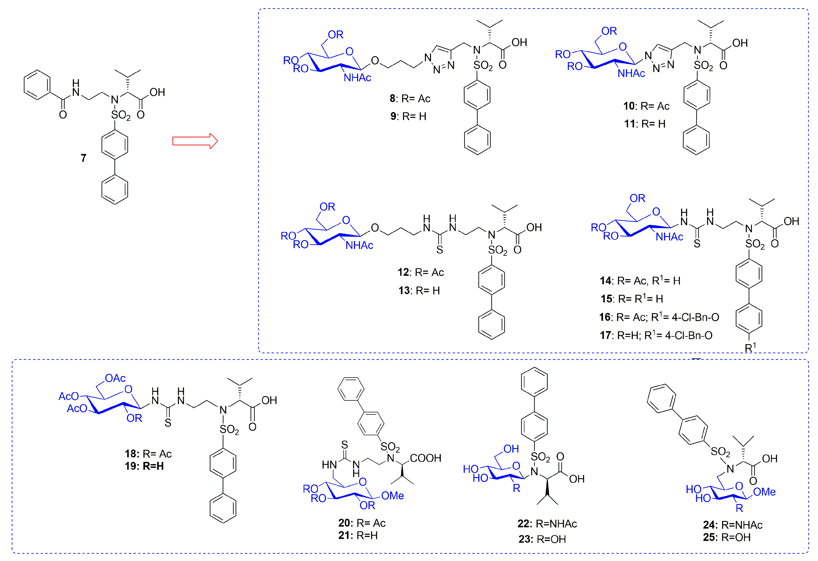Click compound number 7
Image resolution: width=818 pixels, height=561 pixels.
[x=83, y=158]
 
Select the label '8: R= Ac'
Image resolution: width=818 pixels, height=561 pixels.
[x=410, y=99]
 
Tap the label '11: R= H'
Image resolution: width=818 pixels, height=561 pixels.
[x=645, y=124]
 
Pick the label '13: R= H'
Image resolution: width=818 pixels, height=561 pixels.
[x=419, y=291]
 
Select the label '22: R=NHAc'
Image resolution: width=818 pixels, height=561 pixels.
[x=547, y=524]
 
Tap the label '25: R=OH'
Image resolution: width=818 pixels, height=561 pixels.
[x=727, y=537]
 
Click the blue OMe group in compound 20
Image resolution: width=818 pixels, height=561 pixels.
[x=392, y=496]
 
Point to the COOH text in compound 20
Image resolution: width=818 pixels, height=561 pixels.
[x=426, y=458]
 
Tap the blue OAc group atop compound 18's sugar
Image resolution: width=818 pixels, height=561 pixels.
[x=115, y=378]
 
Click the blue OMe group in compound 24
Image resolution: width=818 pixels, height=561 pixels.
[x=764, y=492]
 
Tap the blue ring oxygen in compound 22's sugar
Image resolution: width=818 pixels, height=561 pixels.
[x=516, y=466]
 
